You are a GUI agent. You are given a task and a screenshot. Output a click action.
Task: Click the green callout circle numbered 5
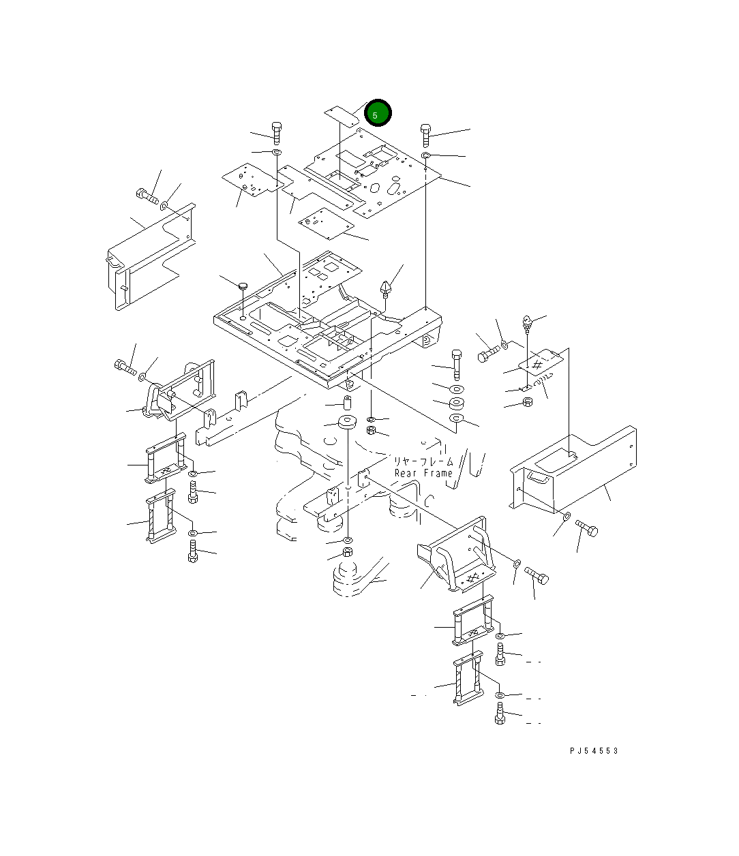click(x=378, y=113)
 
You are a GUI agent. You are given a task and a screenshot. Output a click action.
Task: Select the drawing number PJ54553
click(x=594, y=751)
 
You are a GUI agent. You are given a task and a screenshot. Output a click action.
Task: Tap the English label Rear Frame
click(x=423, y=474)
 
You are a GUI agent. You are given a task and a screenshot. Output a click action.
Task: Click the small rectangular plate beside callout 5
click(x=342, y=117)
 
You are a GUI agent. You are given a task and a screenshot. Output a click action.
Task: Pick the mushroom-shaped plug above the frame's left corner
click(x=243, y=286)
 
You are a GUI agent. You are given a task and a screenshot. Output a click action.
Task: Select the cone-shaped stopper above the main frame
click(x=385, y=289)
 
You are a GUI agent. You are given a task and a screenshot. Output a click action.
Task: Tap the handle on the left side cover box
click(x=112, y=261)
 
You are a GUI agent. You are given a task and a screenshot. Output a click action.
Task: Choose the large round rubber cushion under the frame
click(x=348, y=423)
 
